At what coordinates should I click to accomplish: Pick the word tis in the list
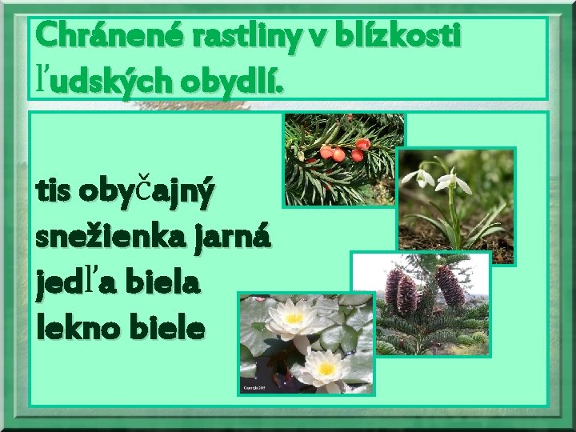[54, 192]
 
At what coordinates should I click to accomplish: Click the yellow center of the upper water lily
[293, 318]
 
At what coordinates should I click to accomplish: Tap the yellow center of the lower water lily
[326, 369]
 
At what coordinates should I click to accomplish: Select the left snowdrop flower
[421, 177]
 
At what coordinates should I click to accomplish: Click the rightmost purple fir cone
[450, 286]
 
